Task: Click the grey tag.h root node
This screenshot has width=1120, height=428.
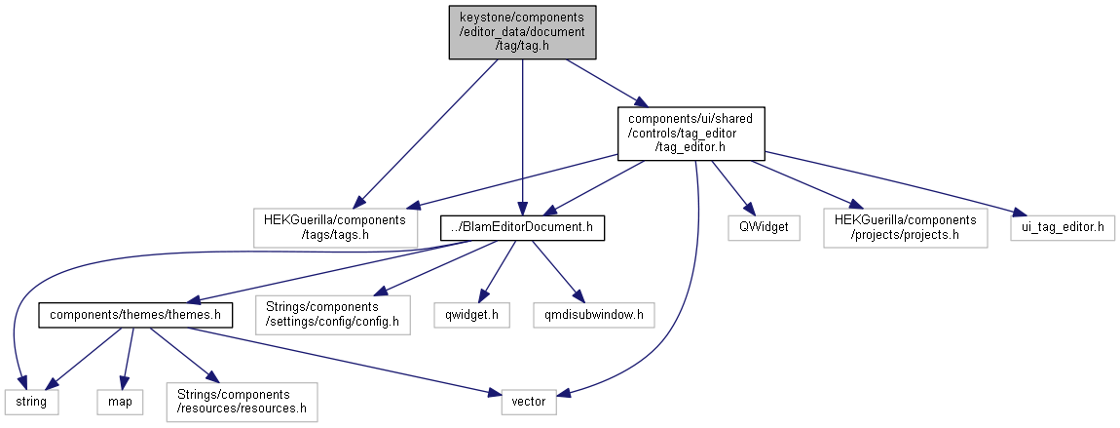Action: (x=522, y=33)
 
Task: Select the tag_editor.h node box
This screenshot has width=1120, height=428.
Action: (x=691, y=133)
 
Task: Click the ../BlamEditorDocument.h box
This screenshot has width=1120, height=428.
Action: (x=523, y=227)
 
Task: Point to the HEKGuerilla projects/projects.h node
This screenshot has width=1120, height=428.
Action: (x=904, y=227)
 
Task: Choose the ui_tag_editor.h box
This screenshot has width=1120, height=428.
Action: (x=1062, y=227)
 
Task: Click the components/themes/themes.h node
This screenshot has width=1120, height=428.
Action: (x=135, y=315)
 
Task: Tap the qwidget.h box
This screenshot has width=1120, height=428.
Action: (x=471, y=315)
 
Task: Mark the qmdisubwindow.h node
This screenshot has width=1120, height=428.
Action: (x=594, y=315)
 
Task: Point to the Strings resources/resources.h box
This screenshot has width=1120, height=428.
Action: (x=242, y=401)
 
